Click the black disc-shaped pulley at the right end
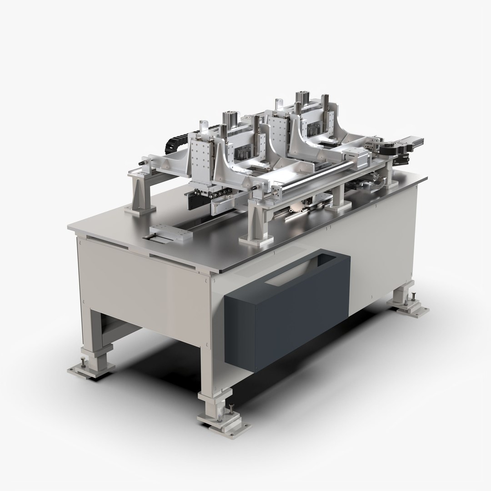click(x=388, y=150)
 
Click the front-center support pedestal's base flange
click(x=252, y=239)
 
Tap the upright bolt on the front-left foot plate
click(x=83, y=362)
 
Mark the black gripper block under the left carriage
click(x=196, y=200)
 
